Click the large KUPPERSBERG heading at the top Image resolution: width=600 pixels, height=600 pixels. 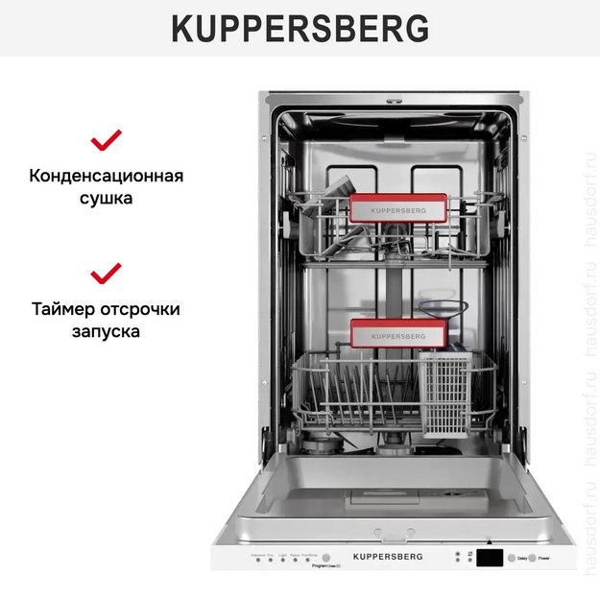[x=300, y=29]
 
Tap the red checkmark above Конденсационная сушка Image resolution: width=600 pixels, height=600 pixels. [x=106, y=141]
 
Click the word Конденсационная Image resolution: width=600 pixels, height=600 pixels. [x=106, y=177]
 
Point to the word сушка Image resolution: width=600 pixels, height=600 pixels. [x=106, y=199]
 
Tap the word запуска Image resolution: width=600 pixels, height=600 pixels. [x=106, y=331]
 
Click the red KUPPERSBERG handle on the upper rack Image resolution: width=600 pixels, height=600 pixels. [x=397, y=210]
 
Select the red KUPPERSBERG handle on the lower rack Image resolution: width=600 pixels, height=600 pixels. [x=397, y=335]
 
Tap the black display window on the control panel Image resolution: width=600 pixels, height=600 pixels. [x=491, y=558]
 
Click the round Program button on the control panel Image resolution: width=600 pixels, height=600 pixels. [x=325, y=558]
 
